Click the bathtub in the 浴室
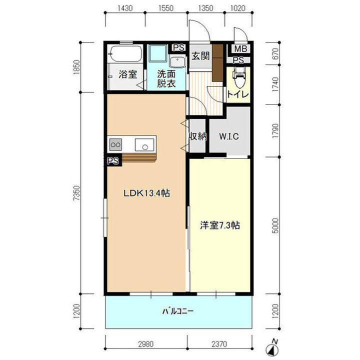click(x=125, y=53)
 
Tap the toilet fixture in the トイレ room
click(x=238, y=77)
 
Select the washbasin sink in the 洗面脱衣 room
click(x=177, y=62)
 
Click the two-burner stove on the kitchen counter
click(x=115, y=144)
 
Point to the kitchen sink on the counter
click(x=144, y=144)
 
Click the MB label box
click(x=240, y=48)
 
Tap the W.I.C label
click(x=229, y=136)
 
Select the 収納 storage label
click(x=197, y=137)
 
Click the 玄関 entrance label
click(x=200, y=56)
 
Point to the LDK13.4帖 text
click(x=147, y=193)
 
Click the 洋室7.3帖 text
click(x=220, y=225)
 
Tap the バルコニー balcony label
click(x=178, y=311)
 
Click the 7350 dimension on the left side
click(x=77, y=193)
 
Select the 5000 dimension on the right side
click(x=275, y=225)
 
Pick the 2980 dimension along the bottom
click(x=146, y=344)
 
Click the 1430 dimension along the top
click(x=125, y=8)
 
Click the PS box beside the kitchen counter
click(x=113, y=160)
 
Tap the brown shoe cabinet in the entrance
click(x=217, y=62)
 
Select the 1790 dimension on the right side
click(x=275, y=131)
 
